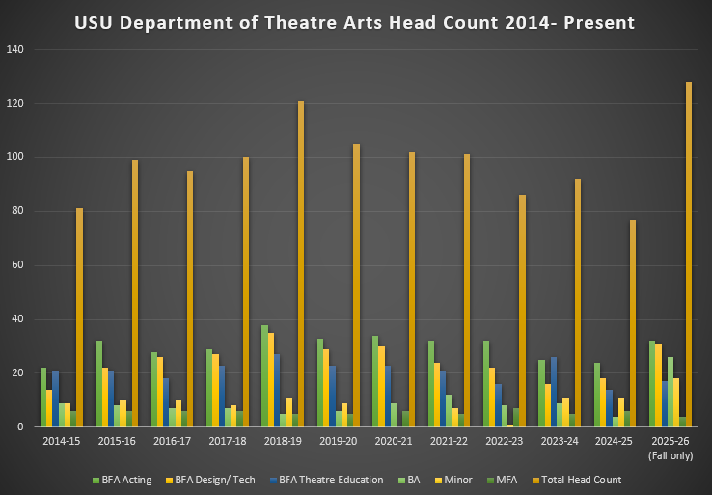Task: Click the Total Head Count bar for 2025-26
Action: pyautogui.click(x=689, y=255)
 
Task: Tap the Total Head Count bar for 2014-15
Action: pyautogui.click(x=79, y=317)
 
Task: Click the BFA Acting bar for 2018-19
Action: pyautogui.click(x=264, y=376)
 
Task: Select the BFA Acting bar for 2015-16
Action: pyautogui.click(x=98, y=384)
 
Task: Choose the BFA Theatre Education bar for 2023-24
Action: pyautogui.click(x=553, y=392)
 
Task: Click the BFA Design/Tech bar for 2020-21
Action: pyautogui.click(x=382, y=387)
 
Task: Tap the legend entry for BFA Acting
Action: pyautogui.click(x=122, y=480)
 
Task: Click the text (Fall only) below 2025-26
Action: pyautogui.click(x=671, y=455)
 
